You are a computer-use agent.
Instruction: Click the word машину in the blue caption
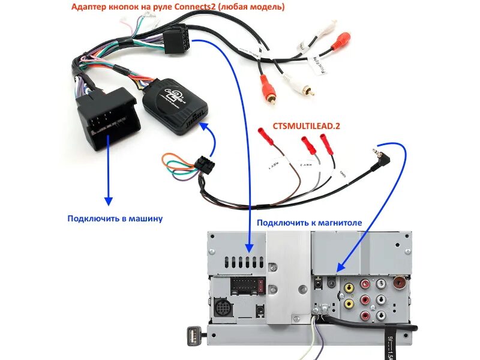pyautogui.click(x=143, y=218)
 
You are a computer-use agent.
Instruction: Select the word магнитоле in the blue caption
pyautogui.click(x=337, y=223)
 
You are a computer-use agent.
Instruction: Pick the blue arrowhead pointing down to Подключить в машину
pyautogui.click(x=108, y=200)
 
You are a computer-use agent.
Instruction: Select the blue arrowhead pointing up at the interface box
pyautogui.click(x=206, y=128)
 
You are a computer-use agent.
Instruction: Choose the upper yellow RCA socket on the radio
pyautogui.click(x=349, y=287)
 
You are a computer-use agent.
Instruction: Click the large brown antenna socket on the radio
pyautogui.click(x=400, y=282)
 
